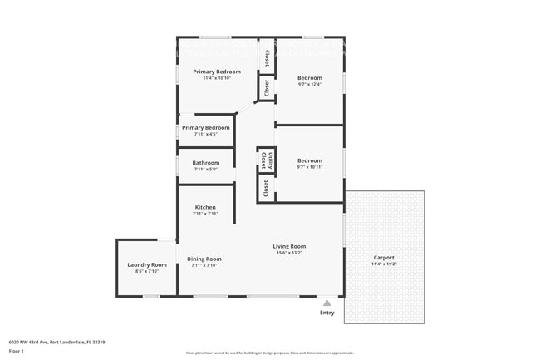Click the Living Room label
(289, 246)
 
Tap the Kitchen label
(205, 207)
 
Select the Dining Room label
(204, 259)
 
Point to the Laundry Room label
(147, 264)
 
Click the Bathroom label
(206, 163)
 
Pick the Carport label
(384, 257)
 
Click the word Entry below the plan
(327, 313)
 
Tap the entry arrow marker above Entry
(327, 303)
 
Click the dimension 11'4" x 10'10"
(217, 78)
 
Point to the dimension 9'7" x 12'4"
(309, 84)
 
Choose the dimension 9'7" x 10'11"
(309, 167)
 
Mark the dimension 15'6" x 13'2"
(289, 253)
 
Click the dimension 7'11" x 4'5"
(205, 134)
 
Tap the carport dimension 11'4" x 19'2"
(384, 264)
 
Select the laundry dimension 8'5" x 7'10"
(147, 271)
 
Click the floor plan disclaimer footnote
(270, 353)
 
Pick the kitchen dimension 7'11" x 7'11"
(205, 214)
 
